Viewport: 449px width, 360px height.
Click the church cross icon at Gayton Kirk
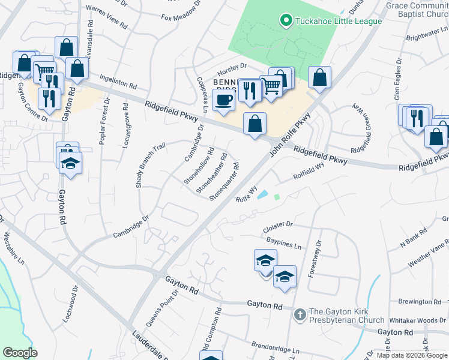pos(300,314)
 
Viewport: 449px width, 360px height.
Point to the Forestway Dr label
pos(313,259)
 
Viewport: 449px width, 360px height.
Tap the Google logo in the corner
pos(20,353)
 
